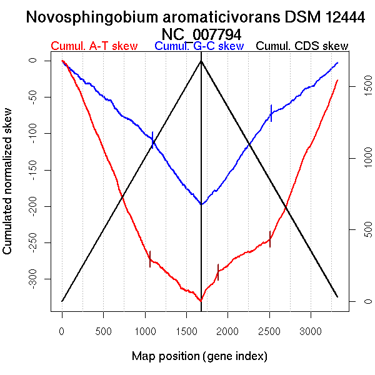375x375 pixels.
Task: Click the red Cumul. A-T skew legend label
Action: [94, 46]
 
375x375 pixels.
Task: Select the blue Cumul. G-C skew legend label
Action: [199, 46]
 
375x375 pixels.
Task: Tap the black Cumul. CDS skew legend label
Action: [302, 46]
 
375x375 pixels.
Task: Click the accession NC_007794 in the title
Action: [200, 34]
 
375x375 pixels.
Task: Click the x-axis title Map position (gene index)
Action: [199, 356]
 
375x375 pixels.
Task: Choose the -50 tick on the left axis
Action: [42, 97]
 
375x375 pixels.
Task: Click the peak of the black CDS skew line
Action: [201, 61]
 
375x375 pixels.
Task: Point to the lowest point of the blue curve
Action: [201, 204]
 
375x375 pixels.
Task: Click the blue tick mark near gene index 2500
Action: [271, 112]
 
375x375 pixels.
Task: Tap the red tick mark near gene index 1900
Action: [217, 272]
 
